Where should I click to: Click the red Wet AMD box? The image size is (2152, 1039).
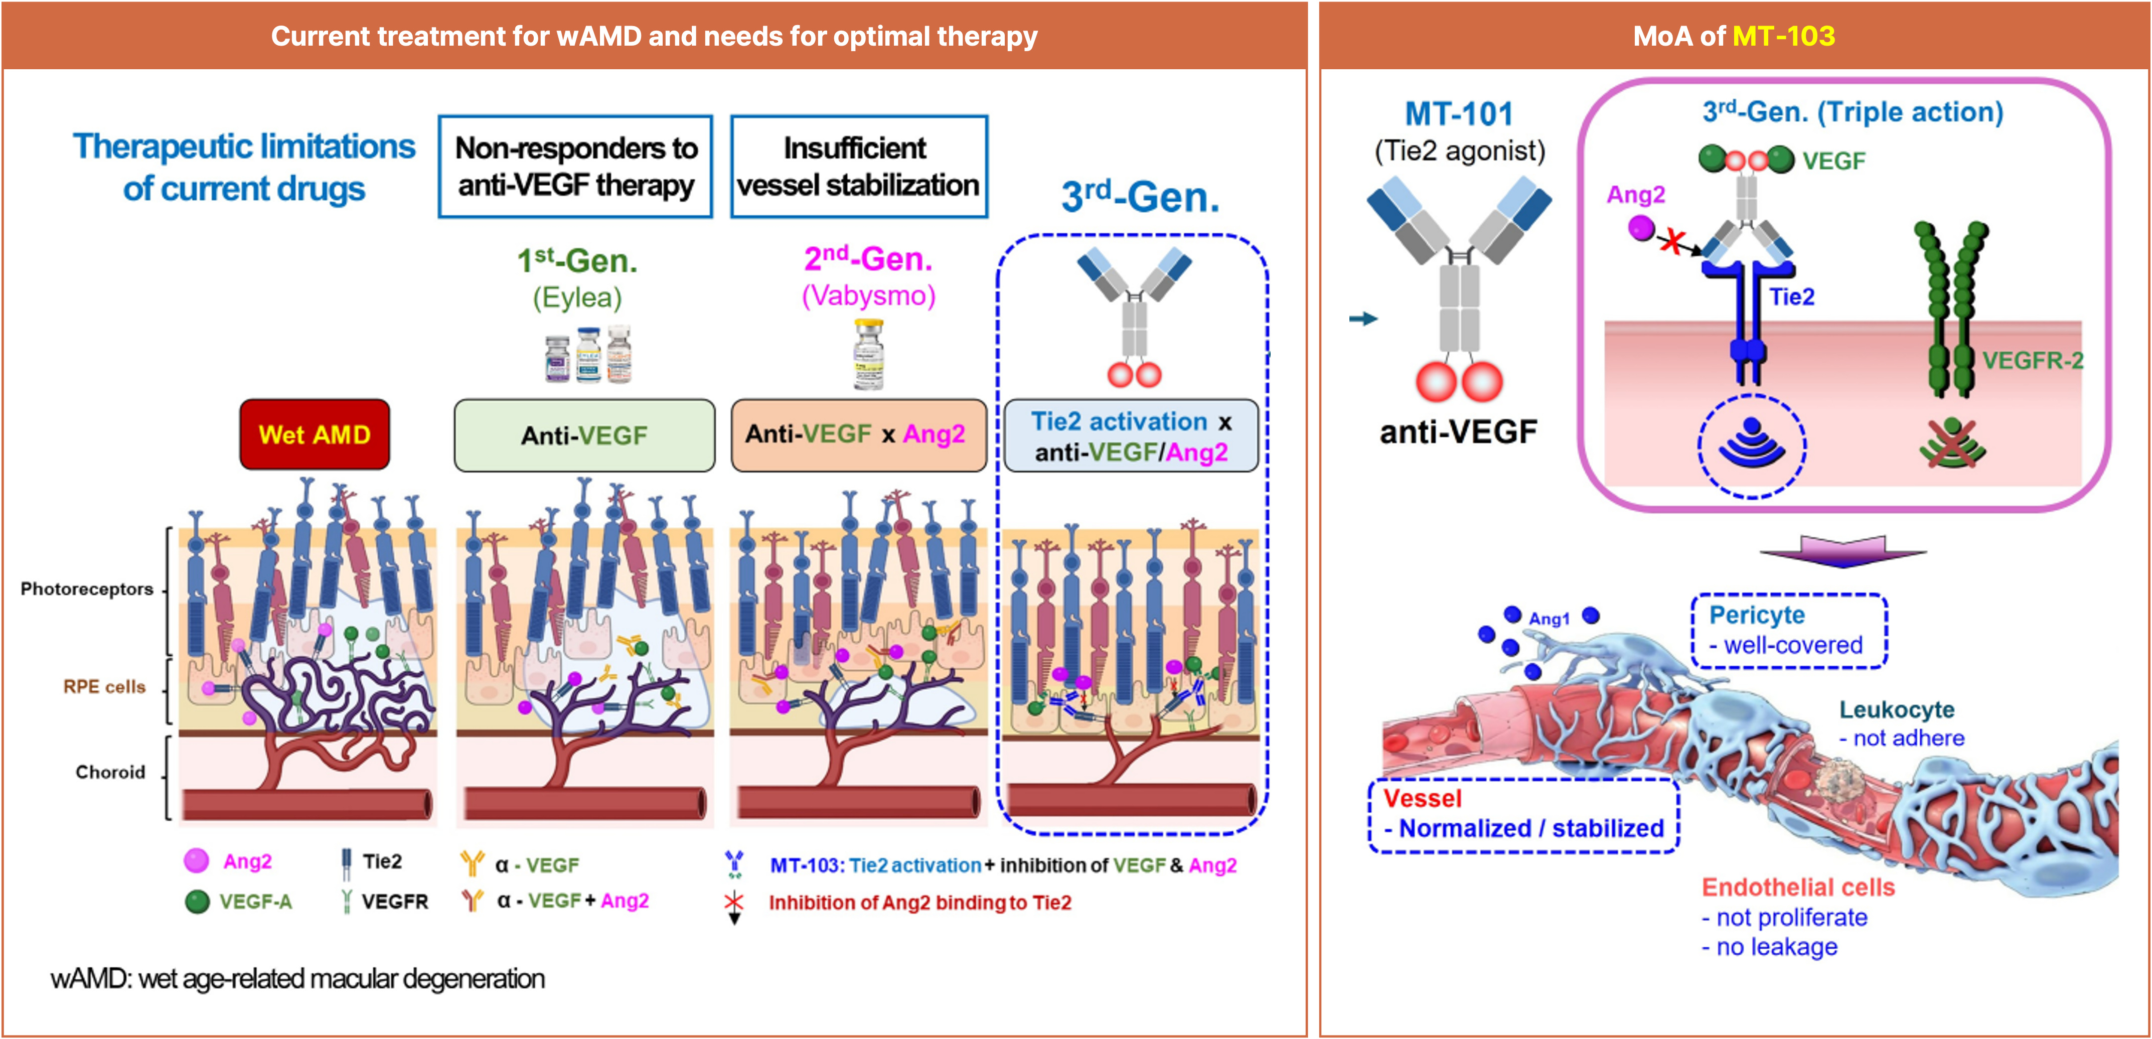314,434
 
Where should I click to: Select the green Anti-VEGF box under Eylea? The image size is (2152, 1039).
584,435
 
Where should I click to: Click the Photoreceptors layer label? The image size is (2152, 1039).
87,589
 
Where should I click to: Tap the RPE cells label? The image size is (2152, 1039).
104,686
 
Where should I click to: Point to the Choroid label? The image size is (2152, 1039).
110,772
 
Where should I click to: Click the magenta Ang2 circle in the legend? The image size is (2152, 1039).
196,861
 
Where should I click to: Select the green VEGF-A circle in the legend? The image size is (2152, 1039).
197,901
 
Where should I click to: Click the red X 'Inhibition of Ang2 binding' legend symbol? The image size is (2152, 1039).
733,904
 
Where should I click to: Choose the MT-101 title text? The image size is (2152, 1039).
1459,113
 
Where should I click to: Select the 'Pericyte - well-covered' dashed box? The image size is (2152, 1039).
1789,631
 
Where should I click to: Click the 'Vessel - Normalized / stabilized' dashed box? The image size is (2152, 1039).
1523,814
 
